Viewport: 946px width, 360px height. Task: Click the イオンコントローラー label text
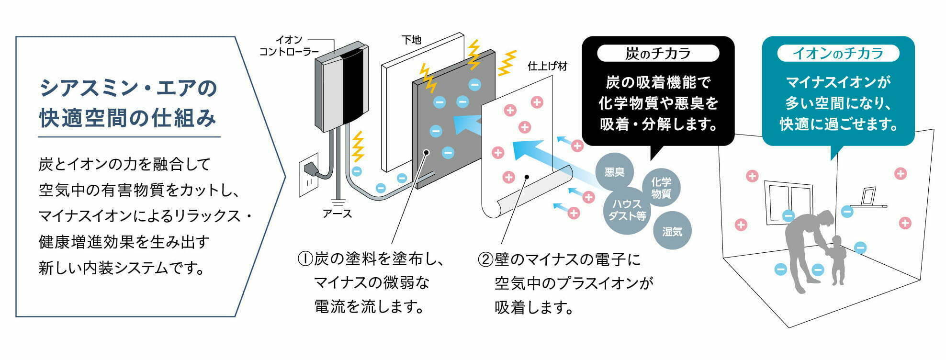tap(289, 46)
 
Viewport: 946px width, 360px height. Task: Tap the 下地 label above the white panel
tap(411, 40)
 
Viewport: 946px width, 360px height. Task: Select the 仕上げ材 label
tap(547, 67)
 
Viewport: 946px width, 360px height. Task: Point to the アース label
tap(337, 214)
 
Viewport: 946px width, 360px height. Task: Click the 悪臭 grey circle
tap(614, 172)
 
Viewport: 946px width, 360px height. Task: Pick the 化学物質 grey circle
tap(661, 188)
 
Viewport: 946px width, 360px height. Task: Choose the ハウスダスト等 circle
tap(627, 210)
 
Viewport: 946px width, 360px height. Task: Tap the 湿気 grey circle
tap(672, 231)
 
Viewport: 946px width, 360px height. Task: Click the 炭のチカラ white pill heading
tap(658, 53)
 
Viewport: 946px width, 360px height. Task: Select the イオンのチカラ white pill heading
tap(838, 53)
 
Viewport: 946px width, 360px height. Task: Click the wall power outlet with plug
tap(309, 175)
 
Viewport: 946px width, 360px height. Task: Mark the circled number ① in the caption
tap(305, 259)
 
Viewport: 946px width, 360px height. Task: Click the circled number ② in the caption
tap(485, 259)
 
